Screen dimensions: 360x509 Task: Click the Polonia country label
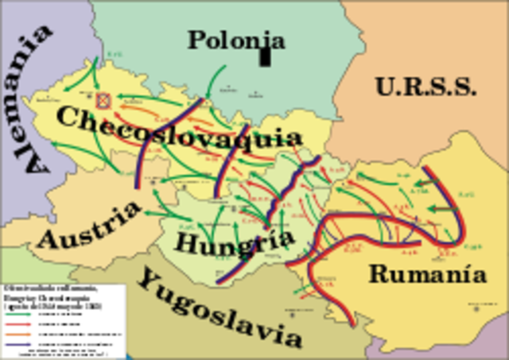coord(236,39)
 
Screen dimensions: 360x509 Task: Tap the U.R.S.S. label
coord(425,86)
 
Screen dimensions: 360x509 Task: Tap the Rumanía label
coord(427,275)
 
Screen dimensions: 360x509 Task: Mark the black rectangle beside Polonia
coord(266,56)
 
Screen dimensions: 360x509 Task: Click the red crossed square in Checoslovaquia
coord(103,101)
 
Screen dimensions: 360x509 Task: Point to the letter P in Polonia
coord(196,40)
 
